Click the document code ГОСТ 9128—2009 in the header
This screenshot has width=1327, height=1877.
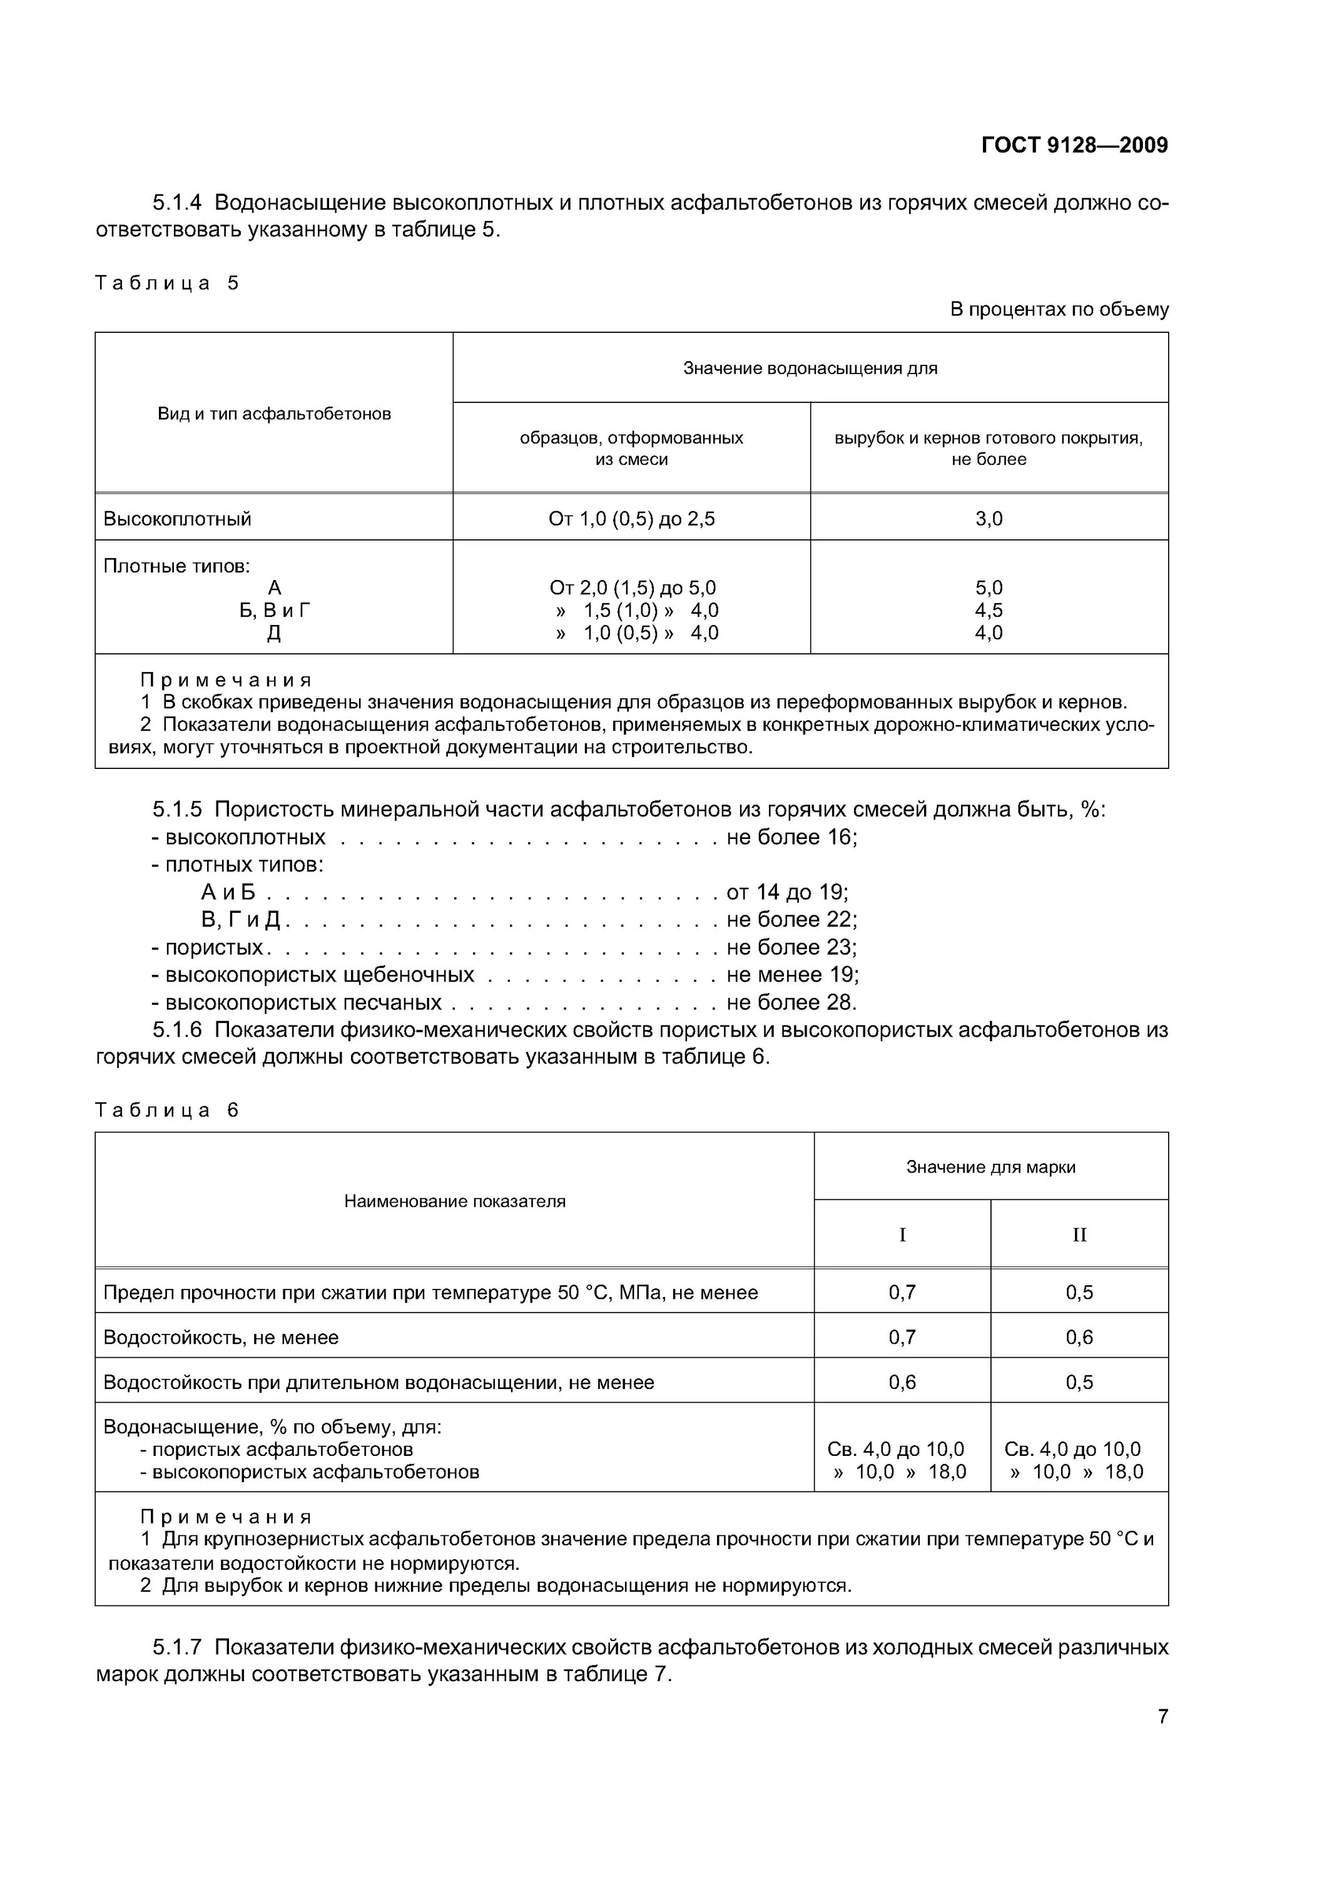coord(1074,146)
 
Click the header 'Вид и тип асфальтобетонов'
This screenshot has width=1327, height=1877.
coord(274,414)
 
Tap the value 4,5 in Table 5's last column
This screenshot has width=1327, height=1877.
coord(989,611)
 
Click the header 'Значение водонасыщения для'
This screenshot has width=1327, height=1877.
coord(810,369)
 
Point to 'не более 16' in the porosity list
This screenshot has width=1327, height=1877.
coord(791,837)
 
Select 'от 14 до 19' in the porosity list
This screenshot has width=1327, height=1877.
coord(786,892)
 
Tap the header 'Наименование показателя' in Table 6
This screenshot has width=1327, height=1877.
coord(455,1201)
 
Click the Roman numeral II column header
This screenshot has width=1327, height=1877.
coord(1079,1235)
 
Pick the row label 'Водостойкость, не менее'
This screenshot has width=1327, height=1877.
coord(221,1338)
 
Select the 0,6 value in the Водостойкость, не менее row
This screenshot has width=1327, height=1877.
coord(1079,1338)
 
